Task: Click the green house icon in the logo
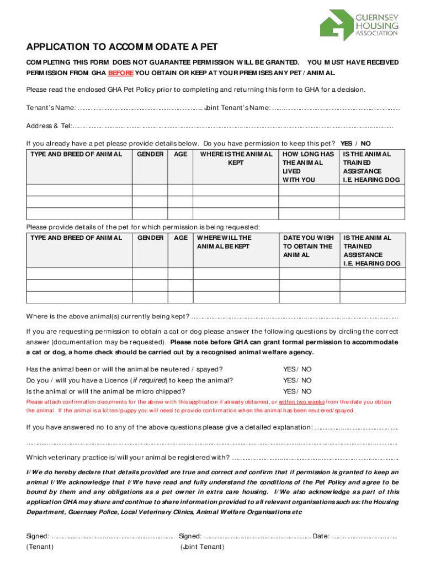(336, 24)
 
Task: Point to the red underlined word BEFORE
(121, 73)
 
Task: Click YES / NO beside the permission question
(355, 143)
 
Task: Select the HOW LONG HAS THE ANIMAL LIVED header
(308, 167)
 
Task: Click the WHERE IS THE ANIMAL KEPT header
(236, 159)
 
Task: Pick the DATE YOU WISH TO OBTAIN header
(308, 247)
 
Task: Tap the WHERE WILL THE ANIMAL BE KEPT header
(224, 242)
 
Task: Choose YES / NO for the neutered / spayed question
(297, 369)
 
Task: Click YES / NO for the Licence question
(297, 380)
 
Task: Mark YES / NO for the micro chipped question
(297, 391)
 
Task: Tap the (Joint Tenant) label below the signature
(202, 547)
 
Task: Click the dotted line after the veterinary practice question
(315, 458)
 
